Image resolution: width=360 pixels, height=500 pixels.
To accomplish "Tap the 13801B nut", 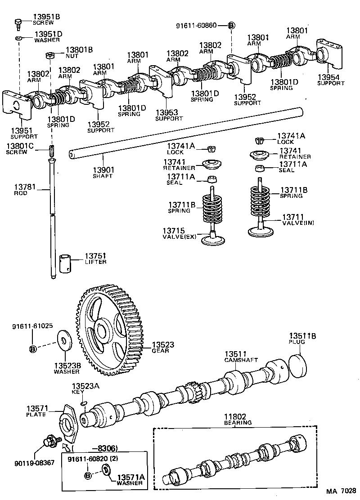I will [50, 56].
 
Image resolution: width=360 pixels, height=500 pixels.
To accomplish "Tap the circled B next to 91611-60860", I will [231, 26].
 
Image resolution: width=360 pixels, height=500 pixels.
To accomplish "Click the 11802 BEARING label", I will [238, 420].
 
